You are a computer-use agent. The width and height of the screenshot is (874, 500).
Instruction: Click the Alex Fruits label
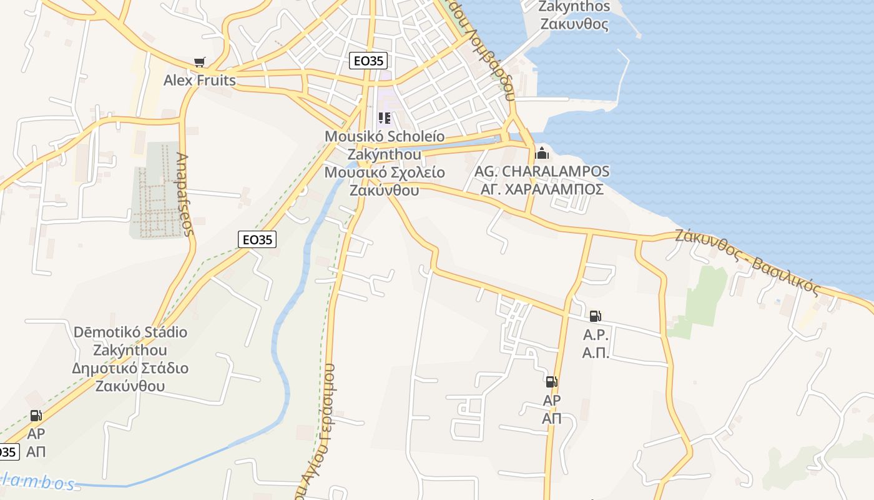coord(200,81)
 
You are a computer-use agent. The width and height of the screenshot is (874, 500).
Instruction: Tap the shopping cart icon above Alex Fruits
coord(199,62)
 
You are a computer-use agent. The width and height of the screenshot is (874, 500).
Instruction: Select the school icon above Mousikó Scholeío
coord(385,118)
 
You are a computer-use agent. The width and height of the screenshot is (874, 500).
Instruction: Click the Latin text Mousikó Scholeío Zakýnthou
coord(385,145)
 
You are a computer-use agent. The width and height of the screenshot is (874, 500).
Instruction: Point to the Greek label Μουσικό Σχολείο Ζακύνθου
coord(385,181)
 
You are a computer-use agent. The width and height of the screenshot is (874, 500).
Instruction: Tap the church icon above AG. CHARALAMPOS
coord(542,152)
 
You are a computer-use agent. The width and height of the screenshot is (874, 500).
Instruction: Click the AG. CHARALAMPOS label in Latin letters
coord(542,171)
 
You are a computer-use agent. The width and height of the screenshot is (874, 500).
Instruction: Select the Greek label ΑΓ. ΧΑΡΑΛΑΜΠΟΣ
coord(542,189)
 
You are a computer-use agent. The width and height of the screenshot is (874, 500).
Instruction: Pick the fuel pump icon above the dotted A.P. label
coord(595,316)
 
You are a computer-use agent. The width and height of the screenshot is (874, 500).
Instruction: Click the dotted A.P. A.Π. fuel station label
coord(595,344)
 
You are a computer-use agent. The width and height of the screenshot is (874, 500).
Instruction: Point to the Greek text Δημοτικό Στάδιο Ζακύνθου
coord(130,377)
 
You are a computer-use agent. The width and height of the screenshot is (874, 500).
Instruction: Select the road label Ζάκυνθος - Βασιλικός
coord(747,261)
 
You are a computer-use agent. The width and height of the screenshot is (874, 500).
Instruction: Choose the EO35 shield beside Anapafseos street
coord(257,239)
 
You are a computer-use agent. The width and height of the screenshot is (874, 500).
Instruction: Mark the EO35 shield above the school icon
coord(368,61)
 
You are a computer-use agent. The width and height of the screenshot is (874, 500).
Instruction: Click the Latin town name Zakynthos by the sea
coord(574,7)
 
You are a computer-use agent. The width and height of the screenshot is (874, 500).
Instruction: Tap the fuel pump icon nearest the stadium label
coord(36,416)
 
